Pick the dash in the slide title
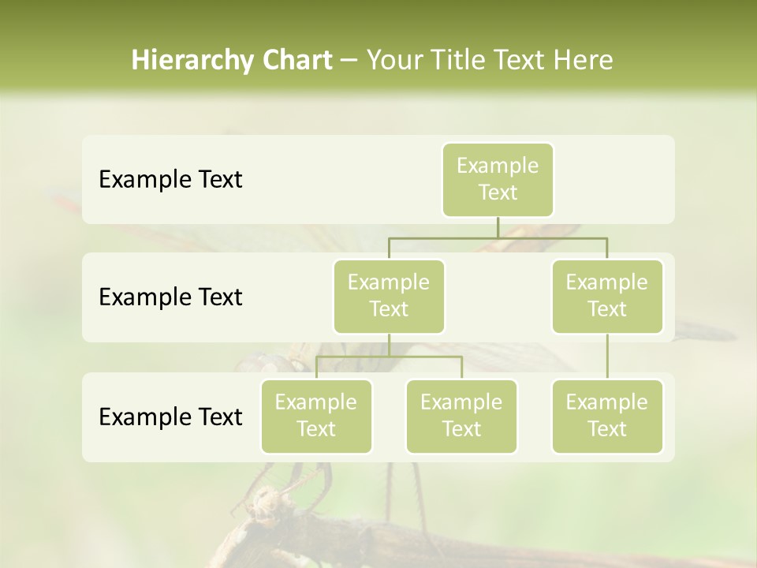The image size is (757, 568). pos(349,62)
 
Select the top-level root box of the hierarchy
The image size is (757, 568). pos(498,179)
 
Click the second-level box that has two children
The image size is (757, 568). pos(389,296)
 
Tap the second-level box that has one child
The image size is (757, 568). pos(607,296)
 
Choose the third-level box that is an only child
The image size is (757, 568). pos(607,416)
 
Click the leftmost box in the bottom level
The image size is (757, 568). pos(316,416)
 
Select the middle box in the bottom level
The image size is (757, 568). pos(461,416)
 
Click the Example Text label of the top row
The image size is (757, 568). pos(170,180)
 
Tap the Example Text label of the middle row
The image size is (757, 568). pos(170,297)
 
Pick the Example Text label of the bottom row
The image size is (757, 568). pos(170,417)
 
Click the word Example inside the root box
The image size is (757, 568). pos(498,166)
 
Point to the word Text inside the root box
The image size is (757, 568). pos(498,192)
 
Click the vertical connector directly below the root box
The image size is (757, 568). pos(498,227)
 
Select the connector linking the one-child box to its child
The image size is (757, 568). pos(607,357)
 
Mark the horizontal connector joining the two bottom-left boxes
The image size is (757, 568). pos(389,357)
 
